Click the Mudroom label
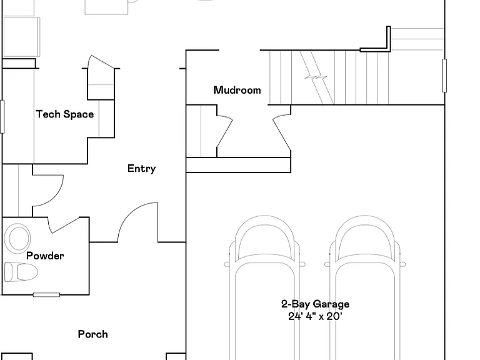(x=237, y=90)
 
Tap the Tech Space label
(x=65, y=114)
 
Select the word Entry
(x=141, y=168)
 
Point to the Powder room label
(x=45, y=256)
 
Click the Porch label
(x=92, y=334)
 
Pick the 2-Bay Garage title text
(x=315, y=304)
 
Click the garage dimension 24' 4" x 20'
(x=315, y=316)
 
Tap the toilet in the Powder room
(x=21, y=272)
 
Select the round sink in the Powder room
(x=17, y=239)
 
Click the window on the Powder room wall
(x=46, y=295)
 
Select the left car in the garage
(x=265, y=287)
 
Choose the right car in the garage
(x=365, y=287)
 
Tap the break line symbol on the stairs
(x=316, y=77)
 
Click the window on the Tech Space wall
(x=2, y=117)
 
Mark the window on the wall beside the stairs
(x=444, y=76)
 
